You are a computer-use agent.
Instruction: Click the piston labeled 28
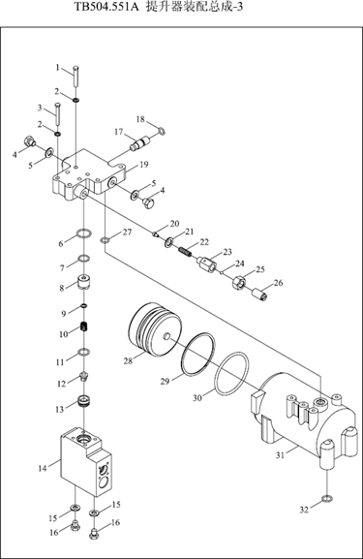click(155, 329)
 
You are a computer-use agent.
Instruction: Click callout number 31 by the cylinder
click(281, 455)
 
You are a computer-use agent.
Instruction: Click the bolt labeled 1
click(76, 76)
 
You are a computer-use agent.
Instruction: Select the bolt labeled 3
click(58, 114)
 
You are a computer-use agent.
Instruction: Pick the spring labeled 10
click(85, 326)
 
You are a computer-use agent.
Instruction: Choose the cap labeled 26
click(261, 295)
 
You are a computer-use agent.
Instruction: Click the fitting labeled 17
click(141, 143)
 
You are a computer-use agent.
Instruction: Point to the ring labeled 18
click(162, 132)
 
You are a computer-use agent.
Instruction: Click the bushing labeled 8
click(84, 281)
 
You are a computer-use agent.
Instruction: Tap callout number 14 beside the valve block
click(43, 468)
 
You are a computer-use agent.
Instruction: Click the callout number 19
click(144, 165)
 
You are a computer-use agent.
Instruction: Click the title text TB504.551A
click(106, 7)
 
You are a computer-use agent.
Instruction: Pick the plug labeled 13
click(84, 401)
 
